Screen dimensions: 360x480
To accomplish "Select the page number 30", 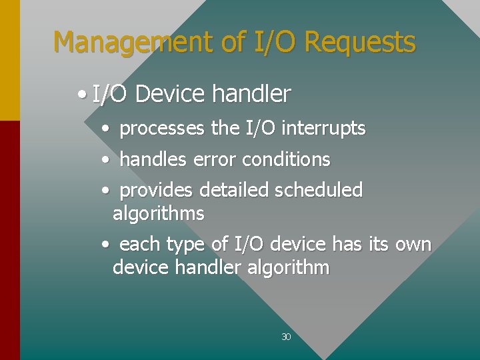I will click(x=286, y=337).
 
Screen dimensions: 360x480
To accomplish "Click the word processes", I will click(x=162, y=128).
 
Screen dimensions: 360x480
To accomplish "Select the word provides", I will click(x=157, y=191).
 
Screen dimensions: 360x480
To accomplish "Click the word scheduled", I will click(x=319, y=191).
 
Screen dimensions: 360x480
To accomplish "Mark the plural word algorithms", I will click(x=159, y=214).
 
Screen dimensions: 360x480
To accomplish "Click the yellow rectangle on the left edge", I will click(x=9, y=60).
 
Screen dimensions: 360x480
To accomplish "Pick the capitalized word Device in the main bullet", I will click(x=168, y=95).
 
